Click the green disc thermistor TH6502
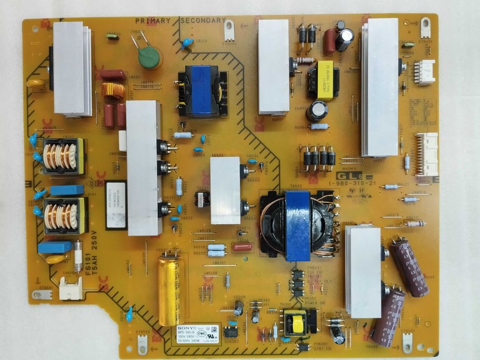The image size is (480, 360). coord(148,53)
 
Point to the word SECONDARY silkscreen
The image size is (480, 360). coord(203,21)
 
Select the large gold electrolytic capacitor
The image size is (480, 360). coord(171,290)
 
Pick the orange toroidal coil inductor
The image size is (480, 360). coord(114,92)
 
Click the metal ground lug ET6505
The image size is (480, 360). coord(229,30)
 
